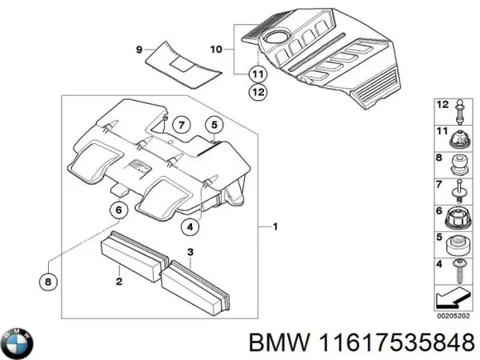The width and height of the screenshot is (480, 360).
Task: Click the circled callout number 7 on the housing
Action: coord(182,125)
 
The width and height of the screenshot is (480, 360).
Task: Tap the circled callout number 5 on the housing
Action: coord(214,125)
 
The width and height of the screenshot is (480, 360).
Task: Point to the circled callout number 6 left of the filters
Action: coord(118,211)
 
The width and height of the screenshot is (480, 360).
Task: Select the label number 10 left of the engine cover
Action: coord(215,50)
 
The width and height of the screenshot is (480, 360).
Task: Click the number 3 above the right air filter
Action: coord(190,254)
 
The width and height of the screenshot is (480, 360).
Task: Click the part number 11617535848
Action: coord(399,343)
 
